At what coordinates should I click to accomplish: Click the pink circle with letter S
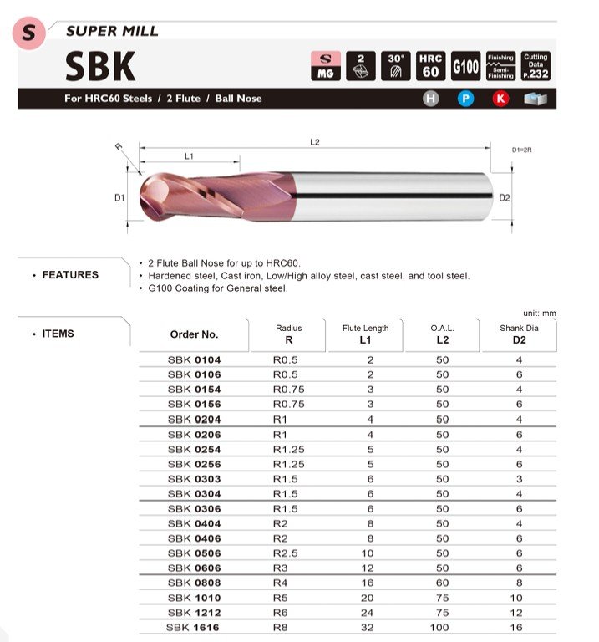tap(32, 33)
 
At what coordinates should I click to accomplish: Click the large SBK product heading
tap(99, 66)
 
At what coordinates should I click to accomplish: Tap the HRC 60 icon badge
tap(430, 66)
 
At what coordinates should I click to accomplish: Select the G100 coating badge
tap(465, 66)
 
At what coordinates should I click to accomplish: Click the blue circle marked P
tap(465, 99)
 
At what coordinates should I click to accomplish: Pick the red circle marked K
tap(500, 99)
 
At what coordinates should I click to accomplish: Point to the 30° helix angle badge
tap(395, 66)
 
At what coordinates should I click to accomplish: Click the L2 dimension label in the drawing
tap(314, 142)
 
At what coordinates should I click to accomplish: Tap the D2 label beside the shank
tap(504, 198)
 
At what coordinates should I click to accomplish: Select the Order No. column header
tap(194, 334)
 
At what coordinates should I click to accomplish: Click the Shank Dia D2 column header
tap(519, 334)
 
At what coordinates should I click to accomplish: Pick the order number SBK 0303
tap(194, 479)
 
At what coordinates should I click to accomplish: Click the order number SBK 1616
tap(194, 628)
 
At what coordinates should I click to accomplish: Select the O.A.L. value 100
tap(442, 628)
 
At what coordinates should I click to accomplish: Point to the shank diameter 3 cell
tap(519, 479)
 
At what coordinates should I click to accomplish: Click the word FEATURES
tap(70, 275)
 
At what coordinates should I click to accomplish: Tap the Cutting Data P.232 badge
tap(536, 66)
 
